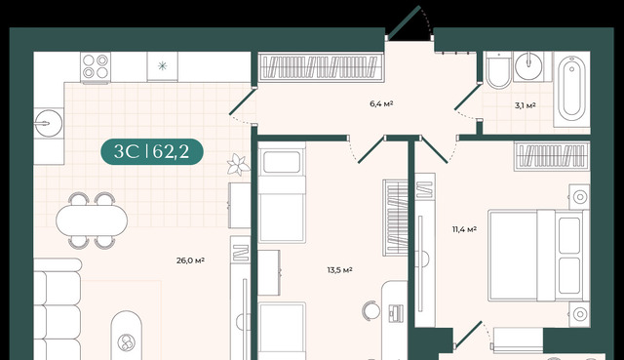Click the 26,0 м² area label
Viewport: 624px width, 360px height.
190,260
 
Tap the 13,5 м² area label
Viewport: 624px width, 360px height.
339,270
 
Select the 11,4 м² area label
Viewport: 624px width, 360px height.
464,229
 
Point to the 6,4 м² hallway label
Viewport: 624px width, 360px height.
381,104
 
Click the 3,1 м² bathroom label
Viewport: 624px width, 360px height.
525,105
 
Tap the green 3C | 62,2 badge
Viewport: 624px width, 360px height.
152,152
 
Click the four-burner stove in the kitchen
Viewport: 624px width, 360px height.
96,67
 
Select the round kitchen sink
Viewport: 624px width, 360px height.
48,124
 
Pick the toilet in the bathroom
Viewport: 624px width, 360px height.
498,70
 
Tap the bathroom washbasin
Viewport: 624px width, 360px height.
528,66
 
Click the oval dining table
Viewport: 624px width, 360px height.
92,220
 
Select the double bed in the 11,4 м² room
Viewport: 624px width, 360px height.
538,256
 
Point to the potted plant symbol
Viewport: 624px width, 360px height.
238,165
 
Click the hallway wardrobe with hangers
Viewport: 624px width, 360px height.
321,67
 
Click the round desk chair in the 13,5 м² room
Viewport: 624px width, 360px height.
370,310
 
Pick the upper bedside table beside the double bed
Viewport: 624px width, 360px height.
579,197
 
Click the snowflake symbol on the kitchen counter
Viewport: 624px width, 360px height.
163,66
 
